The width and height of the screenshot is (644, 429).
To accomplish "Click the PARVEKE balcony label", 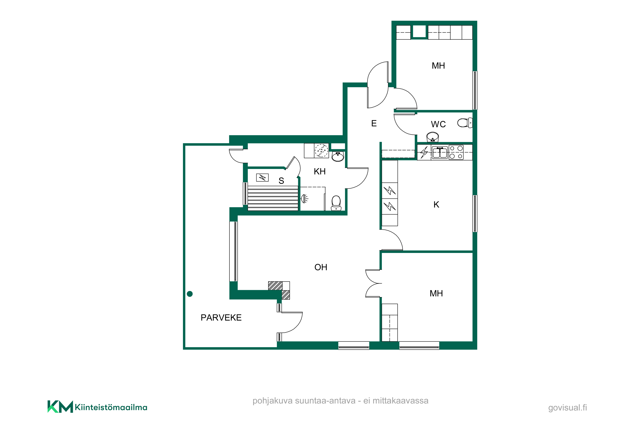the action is tap(221, 318).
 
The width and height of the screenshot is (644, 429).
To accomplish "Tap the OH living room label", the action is tap(321, 267).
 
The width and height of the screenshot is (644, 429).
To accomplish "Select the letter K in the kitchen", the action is tap(436, 205).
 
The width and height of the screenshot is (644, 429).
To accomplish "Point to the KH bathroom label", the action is tap(320, 172).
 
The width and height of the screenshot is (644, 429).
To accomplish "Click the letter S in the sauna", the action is tap(281, 181).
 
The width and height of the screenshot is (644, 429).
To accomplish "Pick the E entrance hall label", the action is tap(374, 123).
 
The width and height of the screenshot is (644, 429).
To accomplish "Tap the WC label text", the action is tap(438, 124).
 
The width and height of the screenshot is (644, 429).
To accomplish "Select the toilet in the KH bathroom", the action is tap(336, 203).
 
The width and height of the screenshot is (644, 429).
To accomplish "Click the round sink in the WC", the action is tap(433, 137).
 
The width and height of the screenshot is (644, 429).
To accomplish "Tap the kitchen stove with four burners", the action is tap(456, 152).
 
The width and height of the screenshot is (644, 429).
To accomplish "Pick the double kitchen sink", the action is tap(440, 153).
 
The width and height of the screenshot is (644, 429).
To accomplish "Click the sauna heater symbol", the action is tap(262, 178).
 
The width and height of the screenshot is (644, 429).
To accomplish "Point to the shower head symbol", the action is tap(304, 198).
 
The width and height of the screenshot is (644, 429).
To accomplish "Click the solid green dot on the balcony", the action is tap(190, 294).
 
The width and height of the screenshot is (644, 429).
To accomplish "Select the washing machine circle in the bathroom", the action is tap(321, 151).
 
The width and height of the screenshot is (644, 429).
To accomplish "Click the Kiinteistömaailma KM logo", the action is tap(97, 407).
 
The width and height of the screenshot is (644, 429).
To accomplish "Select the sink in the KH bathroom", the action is tap(338, 157).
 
